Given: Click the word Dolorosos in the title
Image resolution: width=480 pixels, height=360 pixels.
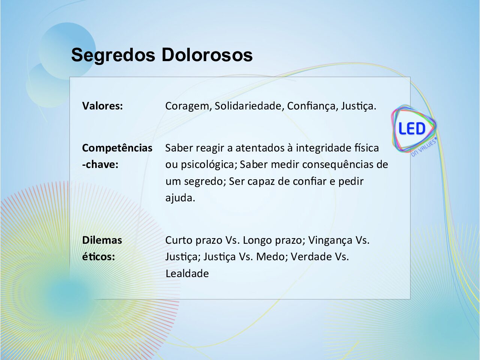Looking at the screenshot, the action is (x=207, y=55).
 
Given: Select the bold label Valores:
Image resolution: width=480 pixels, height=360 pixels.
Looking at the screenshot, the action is (x=102, y=106).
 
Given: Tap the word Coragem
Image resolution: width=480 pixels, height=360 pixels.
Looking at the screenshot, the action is (x=189, y=106).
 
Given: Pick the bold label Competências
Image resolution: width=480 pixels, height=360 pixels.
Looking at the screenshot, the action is (x=117, y=148).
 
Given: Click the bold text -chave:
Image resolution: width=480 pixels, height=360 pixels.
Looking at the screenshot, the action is (x=100, y=164).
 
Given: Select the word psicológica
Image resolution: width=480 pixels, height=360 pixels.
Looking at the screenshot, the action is (x=209, y=165).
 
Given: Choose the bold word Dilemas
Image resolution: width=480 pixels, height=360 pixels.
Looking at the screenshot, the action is (x=102, y=240).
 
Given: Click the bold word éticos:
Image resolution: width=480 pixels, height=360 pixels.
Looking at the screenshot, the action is (x=99, y=256).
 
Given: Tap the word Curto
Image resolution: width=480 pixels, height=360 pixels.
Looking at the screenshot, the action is (x=179, y=240).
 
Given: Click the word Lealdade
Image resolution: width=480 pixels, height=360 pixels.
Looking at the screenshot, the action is (x=187, y=273).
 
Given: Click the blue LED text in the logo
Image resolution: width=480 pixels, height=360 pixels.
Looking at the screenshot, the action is (x=412, y=129).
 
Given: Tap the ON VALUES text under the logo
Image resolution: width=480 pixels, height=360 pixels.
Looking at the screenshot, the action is (x=424, y=147).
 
